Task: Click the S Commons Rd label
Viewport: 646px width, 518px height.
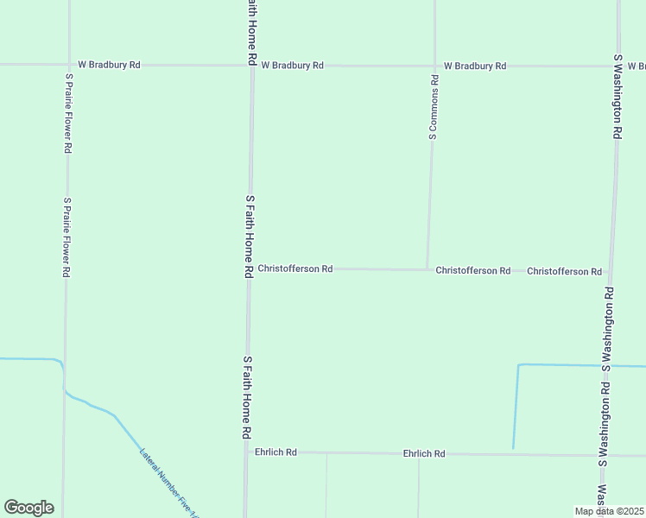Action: pyautogui.click(x=434, y=107)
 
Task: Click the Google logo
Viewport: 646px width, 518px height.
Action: pyautogui.click(x=28, y=508)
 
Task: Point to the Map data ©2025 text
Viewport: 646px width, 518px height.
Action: pyautogui.click(x=609, y=511)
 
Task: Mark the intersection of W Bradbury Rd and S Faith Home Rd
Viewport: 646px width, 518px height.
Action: pyautogui.click(x=252, y=65)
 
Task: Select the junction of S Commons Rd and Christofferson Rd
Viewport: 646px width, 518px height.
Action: pyautogui.click(x=427, y=269)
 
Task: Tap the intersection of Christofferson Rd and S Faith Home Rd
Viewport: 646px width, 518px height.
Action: pyautogui.click(x=249, y=268)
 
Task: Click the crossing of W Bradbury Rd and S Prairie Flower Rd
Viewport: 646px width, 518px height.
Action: pyautogui.click(x=68, y=65)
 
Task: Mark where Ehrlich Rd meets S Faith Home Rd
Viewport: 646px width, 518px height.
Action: pyautogui.click(x=246, y=452)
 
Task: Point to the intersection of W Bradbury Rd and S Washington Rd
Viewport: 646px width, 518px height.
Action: pyautogui.click(x=618, y=65)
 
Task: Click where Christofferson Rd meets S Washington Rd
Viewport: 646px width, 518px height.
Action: pyautogui.click(x=610, y=271)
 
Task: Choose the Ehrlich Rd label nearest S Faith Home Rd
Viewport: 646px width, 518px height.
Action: pyautogui.click(x=275, y=452)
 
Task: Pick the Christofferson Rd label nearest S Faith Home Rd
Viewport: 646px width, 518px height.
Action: pyautogui.click(x=295, y=268)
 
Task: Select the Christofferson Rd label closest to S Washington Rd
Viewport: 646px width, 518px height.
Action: pyautogui.click(x=564, y=271)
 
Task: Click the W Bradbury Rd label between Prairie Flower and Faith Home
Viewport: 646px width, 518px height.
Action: pyautogui.click(x=109, y=65)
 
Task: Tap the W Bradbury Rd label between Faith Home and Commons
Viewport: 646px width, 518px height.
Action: pyautogui.click(x=292, y=65)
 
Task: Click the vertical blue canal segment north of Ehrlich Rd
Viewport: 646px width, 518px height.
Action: pyautogui.click(x=516, y=406)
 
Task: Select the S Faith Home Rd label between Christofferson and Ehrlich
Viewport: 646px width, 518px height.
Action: pyautogui.click(x=247, y=397)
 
